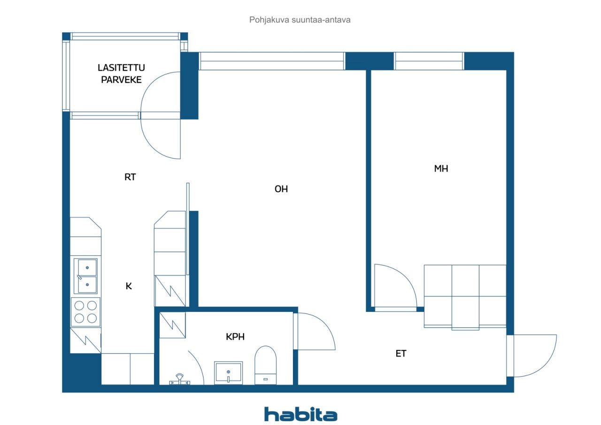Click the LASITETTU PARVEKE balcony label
tap(121, 74)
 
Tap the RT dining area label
tap(130, 177)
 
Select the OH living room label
tap(281, 189)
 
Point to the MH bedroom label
tap(441, 169)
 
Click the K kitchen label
tap(129, 286)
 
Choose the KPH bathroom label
tap(235, 336)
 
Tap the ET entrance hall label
tap(401, 354)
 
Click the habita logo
tap(300, 414)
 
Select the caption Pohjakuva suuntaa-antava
tap(300, 20)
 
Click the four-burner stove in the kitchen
tap(86, 312)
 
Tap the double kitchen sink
tap(86, 276)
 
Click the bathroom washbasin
tap(228, 372)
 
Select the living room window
tap(272, 61)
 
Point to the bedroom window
tap(429, 61)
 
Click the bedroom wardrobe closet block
tap(465, 296)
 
